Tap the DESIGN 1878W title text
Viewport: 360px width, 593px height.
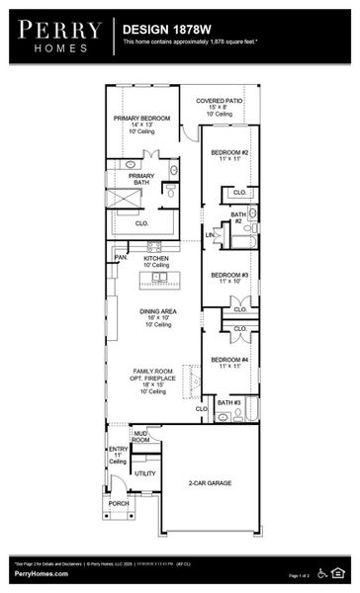click(164, 31)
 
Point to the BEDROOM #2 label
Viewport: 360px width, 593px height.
click(229, 152)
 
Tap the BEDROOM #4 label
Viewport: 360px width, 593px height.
click(229, 360)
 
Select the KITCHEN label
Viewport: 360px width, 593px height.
click(156, 258)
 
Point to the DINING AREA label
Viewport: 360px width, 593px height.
click(157, 311)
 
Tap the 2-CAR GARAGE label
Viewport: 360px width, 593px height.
click(210, 483)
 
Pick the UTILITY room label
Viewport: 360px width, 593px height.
click(145, 473)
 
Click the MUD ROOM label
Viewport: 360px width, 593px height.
click(141, 436)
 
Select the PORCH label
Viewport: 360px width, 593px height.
click(118, 503)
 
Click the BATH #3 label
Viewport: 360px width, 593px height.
click(229, 402)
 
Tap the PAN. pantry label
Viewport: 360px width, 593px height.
click(121, 257)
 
